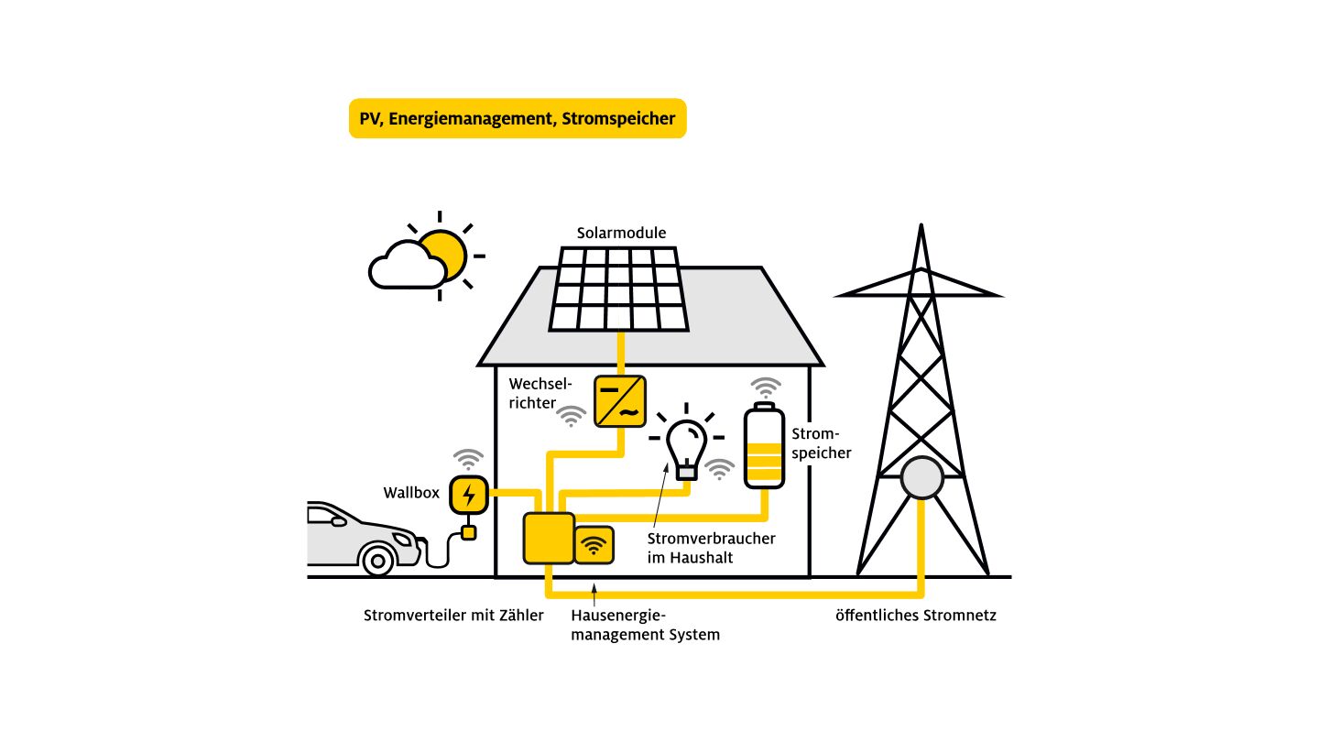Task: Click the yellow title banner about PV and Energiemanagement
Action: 518,118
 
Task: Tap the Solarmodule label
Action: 621,234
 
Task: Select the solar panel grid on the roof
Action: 620,289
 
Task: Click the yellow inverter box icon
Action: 620,401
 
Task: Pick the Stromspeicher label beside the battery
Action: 821,443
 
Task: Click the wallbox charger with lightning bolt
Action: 469,495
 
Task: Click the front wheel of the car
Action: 377,558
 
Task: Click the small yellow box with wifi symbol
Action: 594,546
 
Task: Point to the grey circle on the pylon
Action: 921,479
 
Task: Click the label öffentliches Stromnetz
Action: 915,616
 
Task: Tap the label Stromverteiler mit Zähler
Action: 453,616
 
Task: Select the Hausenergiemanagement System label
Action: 645,625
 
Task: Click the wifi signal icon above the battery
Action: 765,386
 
